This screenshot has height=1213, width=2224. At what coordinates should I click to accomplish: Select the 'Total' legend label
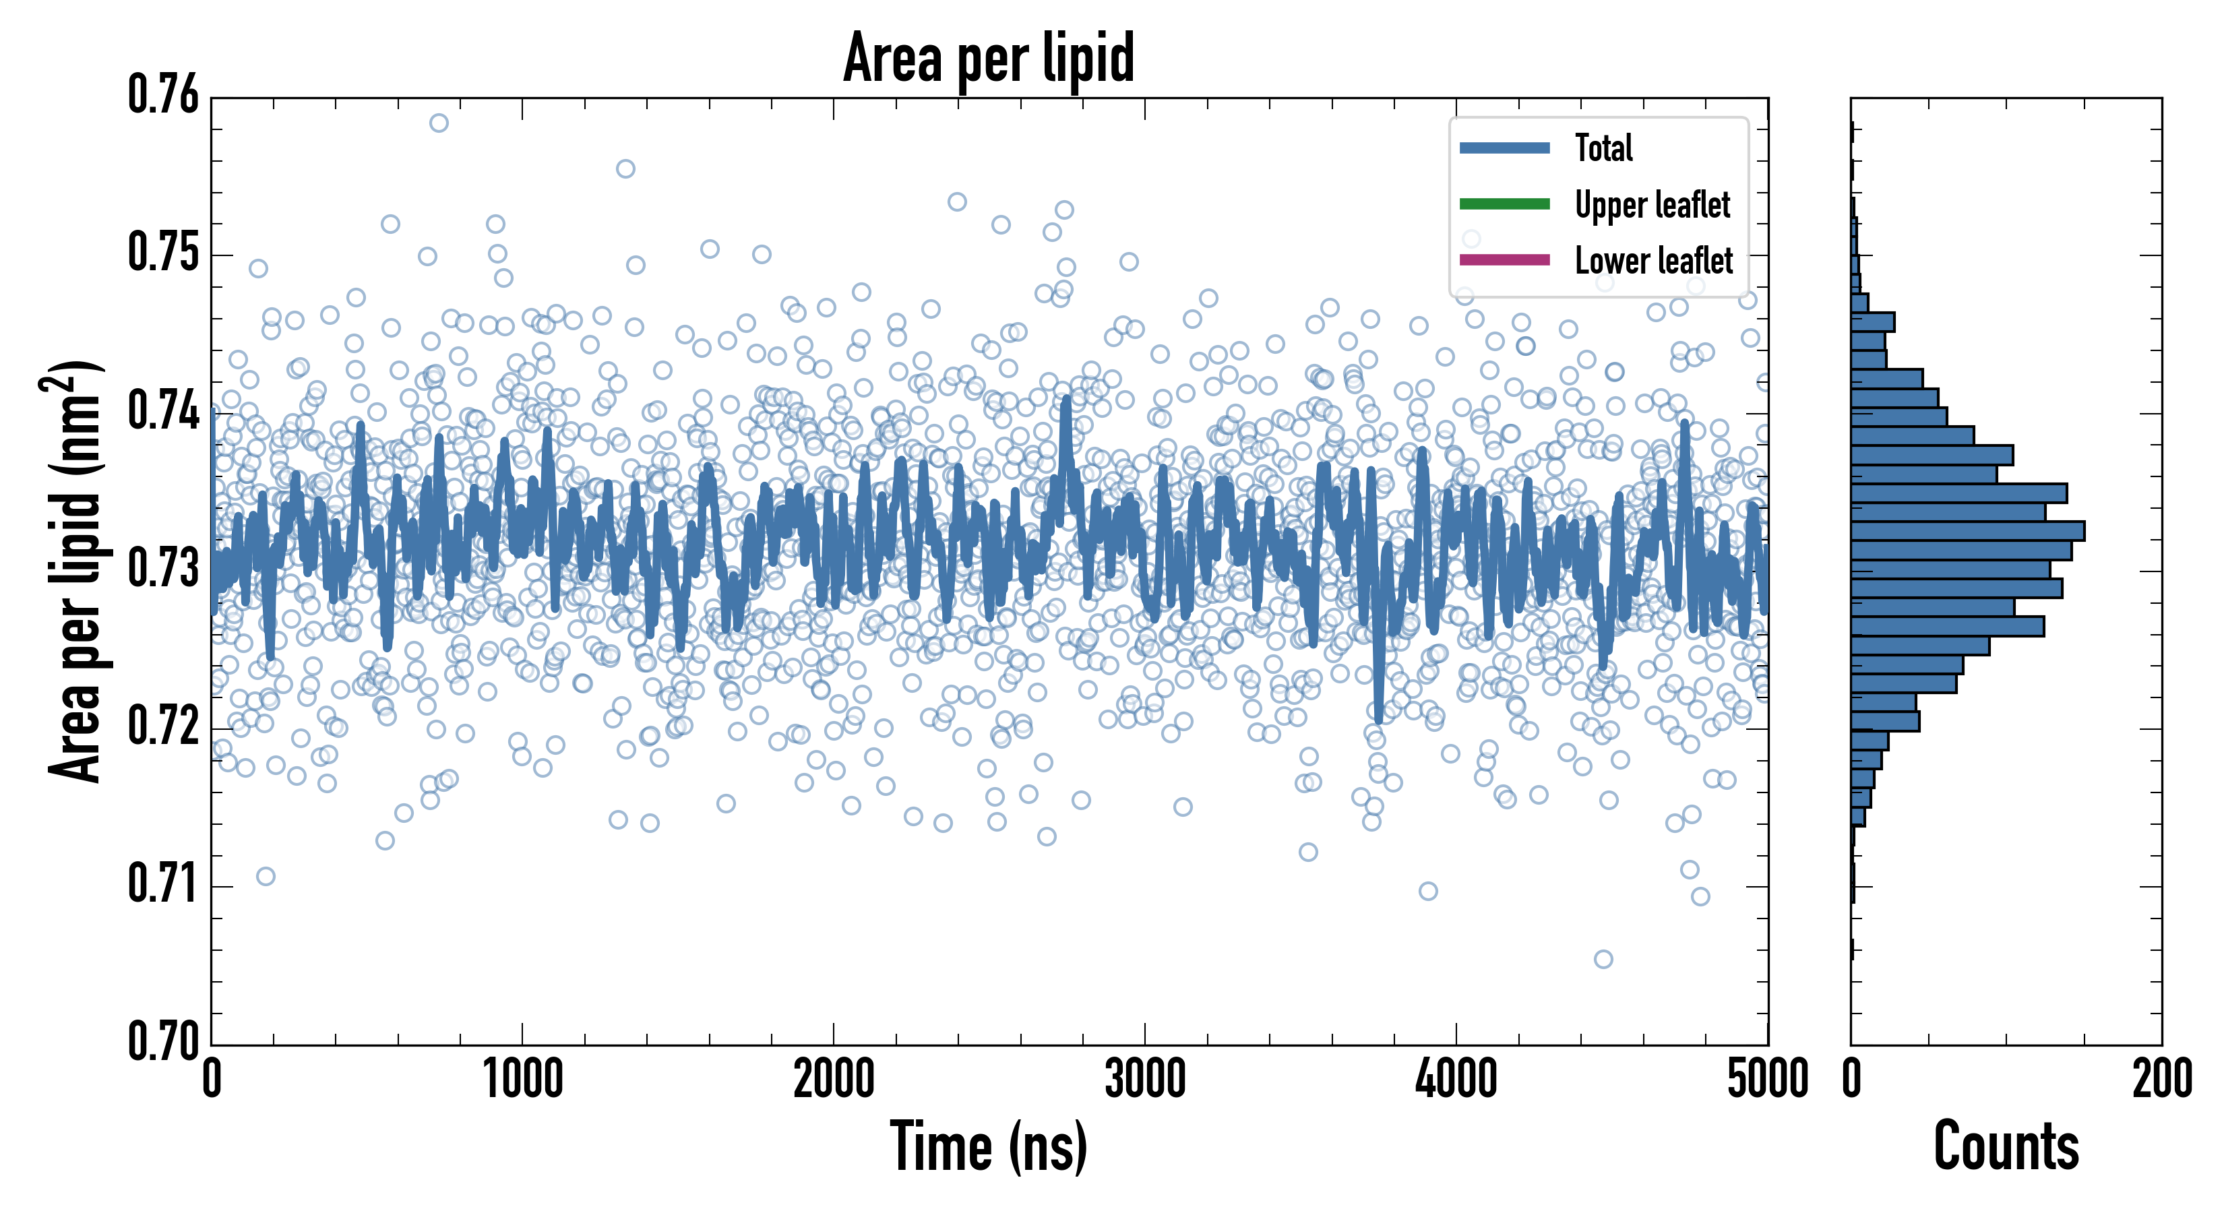[x=1603, y=148]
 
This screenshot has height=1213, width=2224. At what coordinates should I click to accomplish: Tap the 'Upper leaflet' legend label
[x=1652, y=205]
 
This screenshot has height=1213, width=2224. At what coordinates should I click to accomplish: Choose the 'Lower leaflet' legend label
[x=1653, y=261]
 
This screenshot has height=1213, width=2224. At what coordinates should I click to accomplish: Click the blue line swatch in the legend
[x=1504, y=148]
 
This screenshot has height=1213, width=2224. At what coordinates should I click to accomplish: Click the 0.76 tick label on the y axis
[x=163, y=95]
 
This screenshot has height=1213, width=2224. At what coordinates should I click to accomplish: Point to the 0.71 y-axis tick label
[x=163, y=884]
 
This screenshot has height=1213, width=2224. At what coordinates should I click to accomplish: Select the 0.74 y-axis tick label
[x=163, y=411]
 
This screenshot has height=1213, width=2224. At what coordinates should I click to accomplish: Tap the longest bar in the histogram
[x=1968, y=531]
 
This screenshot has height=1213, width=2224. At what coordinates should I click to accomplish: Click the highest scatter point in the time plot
[x=439, y=123]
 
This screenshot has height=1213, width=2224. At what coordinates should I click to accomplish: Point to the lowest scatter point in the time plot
[x=1603, y=959]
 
